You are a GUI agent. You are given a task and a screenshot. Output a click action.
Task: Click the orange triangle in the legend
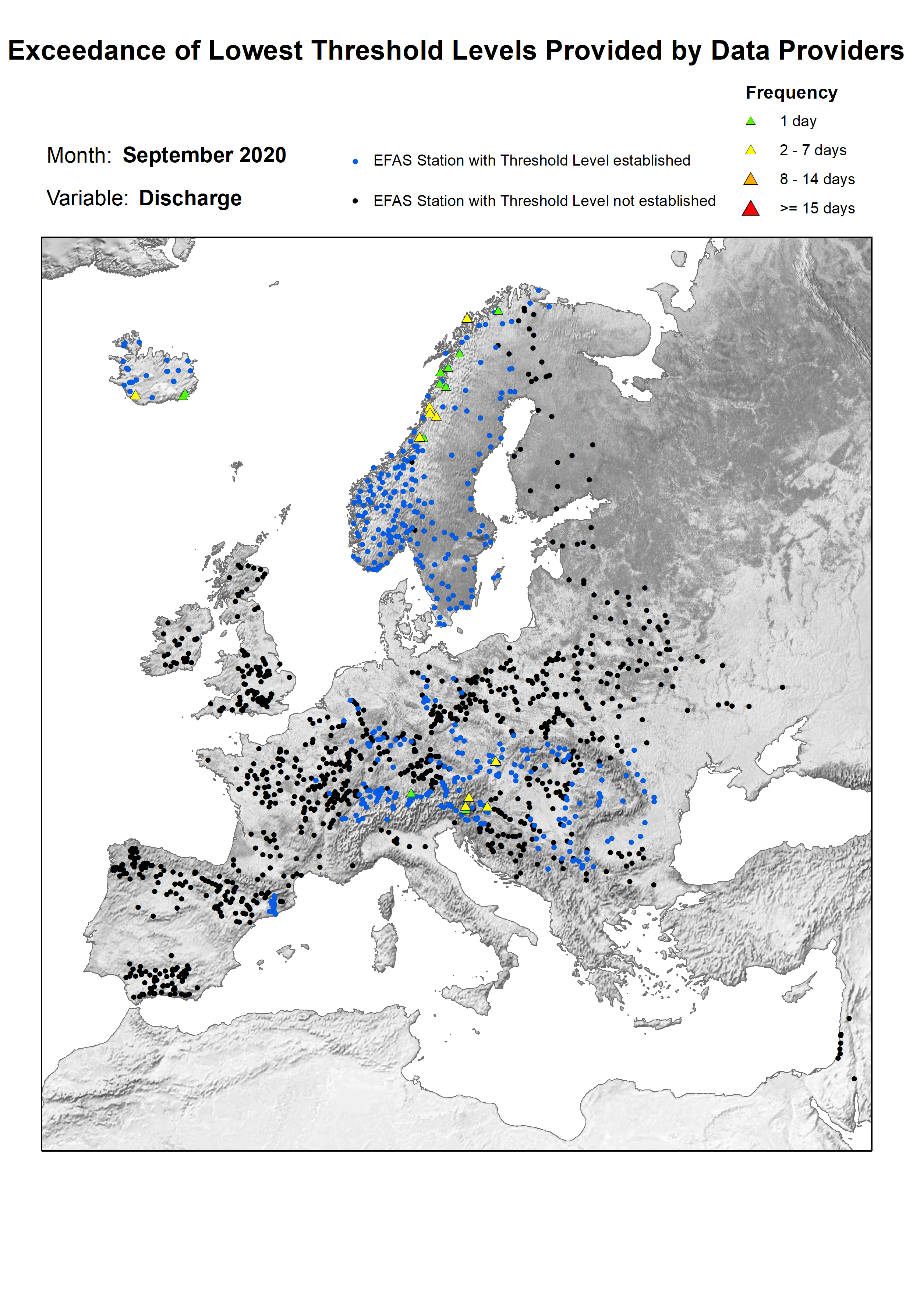750,179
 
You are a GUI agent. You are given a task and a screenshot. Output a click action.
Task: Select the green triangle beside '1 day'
750,121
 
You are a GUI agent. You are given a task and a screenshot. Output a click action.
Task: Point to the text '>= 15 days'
817,209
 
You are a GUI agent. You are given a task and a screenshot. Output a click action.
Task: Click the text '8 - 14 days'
817,179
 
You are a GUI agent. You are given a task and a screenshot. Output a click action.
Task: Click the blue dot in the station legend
355,161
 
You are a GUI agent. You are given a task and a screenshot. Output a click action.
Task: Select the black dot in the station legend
355,201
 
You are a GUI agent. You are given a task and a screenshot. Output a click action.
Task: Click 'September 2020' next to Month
204,155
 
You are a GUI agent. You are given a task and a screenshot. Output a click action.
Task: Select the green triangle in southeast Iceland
184,394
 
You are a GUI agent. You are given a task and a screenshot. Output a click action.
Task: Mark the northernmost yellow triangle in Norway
467,319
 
